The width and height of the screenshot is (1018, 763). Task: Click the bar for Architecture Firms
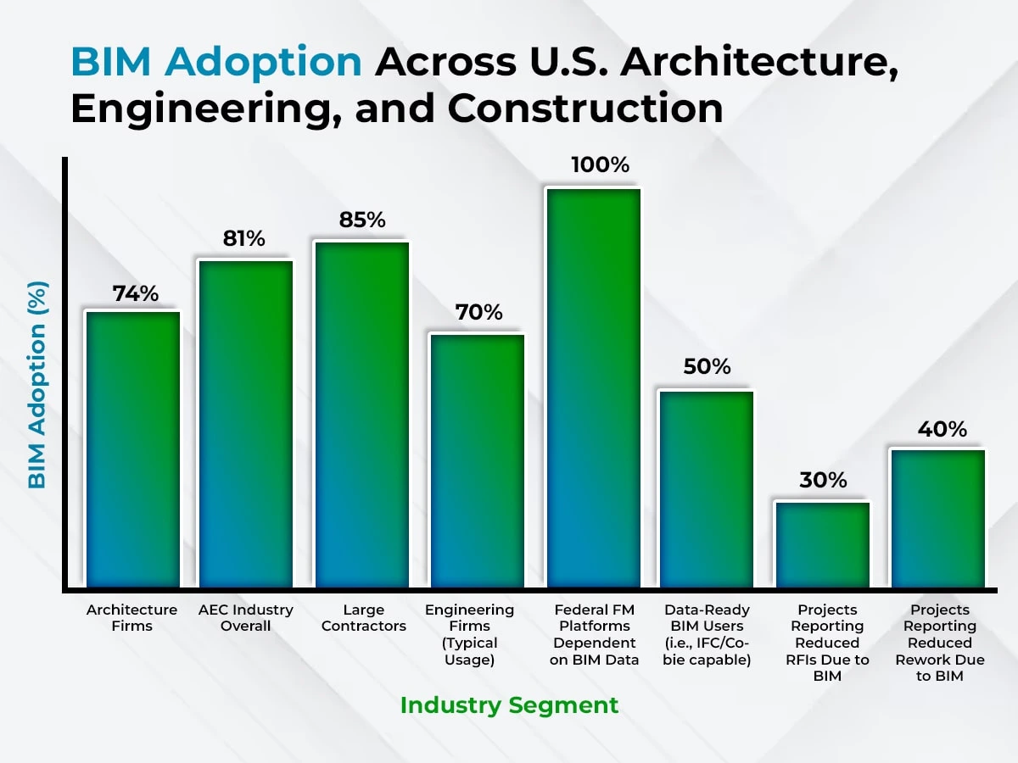pos(133,449)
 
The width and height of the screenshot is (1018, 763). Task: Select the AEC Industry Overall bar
pos(246,424)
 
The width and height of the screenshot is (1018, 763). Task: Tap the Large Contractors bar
pos(361,415)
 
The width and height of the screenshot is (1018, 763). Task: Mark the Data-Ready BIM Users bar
pos(707,489)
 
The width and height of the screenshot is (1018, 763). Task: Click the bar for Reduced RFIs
pos(822,545)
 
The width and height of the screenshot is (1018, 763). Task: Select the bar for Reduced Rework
pos(937,518)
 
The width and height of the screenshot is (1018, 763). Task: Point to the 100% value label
pos(600,164)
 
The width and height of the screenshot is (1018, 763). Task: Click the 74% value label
pos(136,293)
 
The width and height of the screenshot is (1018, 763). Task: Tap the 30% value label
pos(823,480)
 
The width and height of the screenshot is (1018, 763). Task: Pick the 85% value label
pos(362,220)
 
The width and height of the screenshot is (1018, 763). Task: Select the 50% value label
pos(707,367)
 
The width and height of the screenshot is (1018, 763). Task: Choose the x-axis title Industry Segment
pos(509,705)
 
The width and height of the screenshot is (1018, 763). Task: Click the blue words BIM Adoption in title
pos(216,62)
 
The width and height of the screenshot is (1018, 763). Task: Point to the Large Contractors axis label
pos(364,618)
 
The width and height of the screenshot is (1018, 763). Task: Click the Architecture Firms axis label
pos(132,618)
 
